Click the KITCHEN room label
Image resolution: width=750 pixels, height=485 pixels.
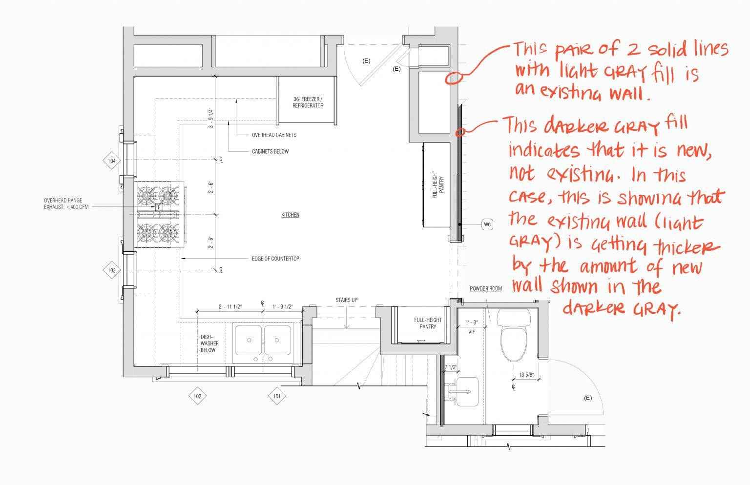tap(290, 215)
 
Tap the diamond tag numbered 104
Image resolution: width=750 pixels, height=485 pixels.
tap(112, 161)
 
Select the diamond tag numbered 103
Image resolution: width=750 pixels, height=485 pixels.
tap(112, 270)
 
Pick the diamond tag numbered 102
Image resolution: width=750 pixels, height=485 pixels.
tap(197, 396)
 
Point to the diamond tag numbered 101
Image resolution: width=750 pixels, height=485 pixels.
tap(277, 396)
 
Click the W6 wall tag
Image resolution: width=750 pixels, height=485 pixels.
tap(487, 224)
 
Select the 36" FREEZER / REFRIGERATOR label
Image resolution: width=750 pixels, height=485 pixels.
tap(308, 102)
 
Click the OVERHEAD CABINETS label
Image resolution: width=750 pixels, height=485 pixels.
tap(274, 135)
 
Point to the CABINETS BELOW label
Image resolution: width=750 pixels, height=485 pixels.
tap(270, 152)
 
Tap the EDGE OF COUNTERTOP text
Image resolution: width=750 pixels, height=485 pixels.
tap(275, 259)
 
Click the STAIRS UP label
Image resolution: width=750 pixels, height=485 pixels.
tap(346, 300)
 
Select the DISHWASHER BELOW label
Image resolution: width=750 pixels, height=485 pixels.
tap(209, 344)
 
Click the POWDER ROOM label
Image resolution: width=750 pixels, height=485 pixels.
tap(486, 289)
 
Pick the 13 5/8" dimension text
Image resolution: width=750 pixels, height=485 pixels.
tap(526, 375)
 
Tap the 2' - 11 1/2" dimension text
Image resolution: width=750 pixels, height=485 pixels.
tap(230, 307)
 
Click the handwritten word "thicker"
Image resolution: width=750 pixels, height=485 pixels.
tap(687, 246)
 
